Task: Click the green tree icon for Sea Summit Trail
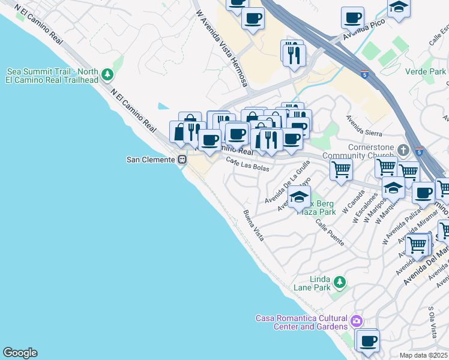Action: pyautogui.click(x=107, y=75)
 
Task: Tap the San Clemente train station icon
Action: pyautogui.click(x=181, y=160)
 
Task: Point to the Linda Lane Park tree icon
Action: pyautogui.click(x=340, y=282)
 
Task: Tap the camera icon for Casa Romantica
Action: pyautogui.click(x=357, y=321)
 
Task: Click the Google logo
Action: pyautogui.click(x=20, y=353)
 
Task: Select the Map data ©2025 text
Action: pyautogui.click(x=423, y=355)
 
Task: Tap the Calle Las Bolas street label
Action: pyautogui.click(x=247, y=163)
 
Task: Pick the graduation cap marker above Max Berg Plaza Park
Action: pyautogui.click(x=299, y=196)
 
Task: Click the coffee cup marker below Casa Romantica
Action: pyautogui.click(x=367, y=341)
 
